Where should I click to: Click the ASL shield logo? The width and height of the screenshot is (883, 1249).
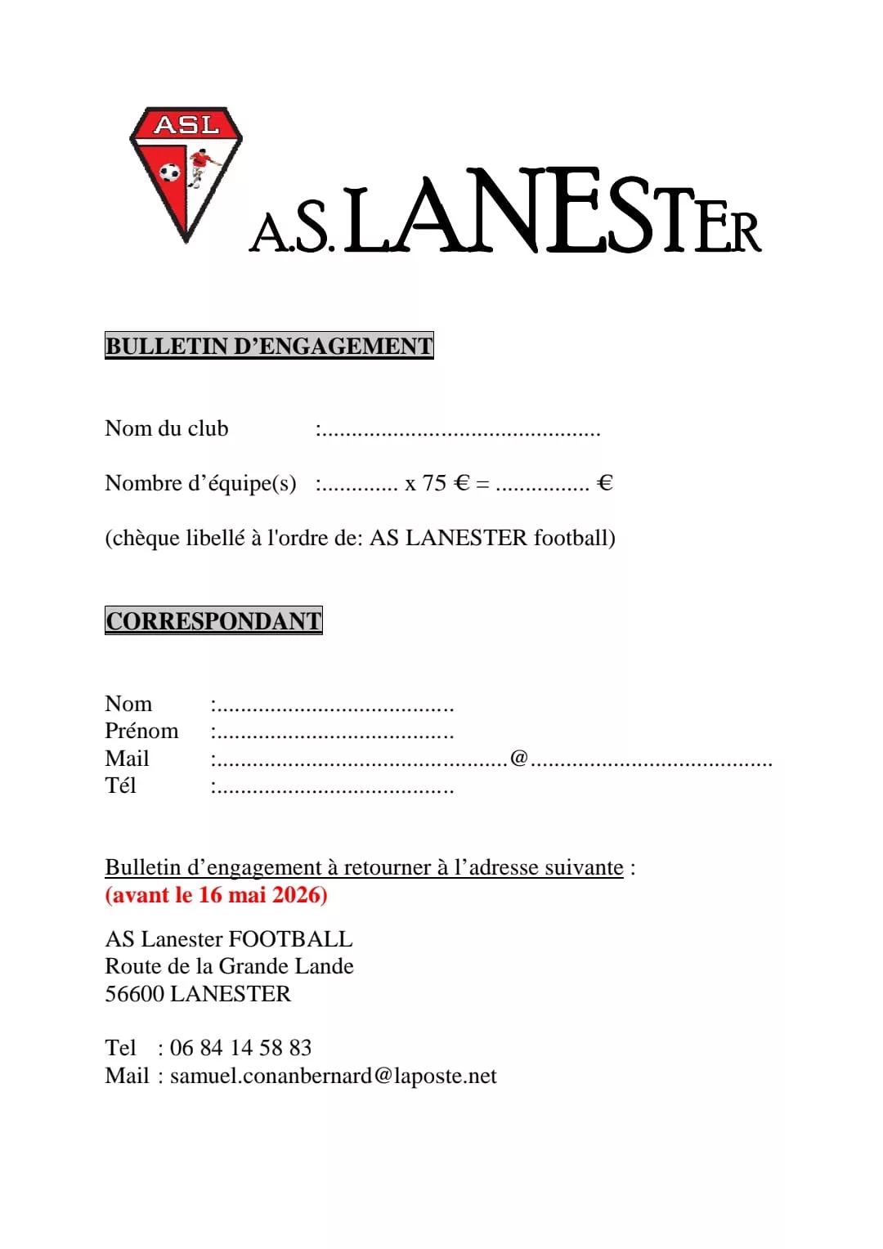[186, 173]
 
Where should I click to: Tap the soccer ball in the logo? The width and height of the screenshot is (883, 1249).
[169, 172]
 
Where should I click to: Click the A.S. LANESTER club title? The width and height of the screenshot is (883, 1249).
[505, 214]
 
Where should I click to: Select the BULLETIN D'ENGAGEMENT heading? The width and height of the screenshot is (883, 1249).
[269, 346]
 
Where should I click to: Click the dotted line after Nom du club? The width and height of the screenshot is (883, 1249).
[459, 432]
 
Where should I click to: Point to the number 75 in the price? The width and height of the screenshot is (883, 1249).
[434, 483]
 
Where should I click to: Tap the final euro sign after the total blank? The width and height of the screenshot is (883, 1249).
[605, 483]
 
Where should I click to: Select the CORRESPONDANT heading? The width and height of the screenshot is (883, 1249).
[213, 620]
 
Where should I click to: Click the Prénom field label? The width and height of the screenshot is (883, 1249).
[141, 731]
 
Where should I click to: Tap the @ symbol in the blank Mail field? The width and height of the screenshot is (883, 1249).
[519, 758]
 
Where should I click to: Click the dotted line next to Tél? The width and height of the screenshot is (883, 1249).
[334, 790]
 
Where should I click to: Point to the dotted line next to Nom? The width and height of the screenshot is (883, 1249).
[334, 708]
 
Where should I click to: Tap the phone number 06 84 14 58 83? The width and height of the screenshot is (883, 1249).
[240, 1048]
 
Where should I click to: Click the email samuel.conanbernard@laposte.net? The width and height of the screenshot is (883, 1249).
[333, 1076]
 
